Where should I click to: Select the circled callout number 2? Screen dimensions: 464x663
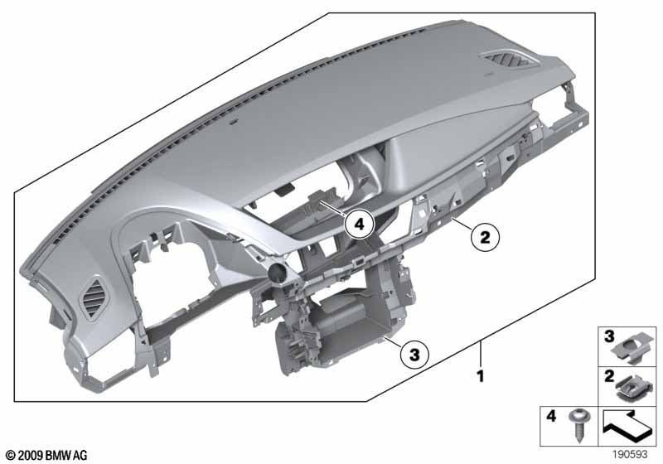point(485,238)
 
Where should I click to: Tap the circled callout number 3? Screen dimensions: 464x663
point(414,355)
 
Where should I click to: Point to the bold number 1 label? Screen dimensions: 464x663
point(480,376)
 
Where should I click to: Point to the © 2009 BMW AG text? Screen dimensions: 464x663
point(45,454)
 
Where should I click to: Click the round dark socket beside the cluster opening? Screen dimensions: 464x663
point(274,274)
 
